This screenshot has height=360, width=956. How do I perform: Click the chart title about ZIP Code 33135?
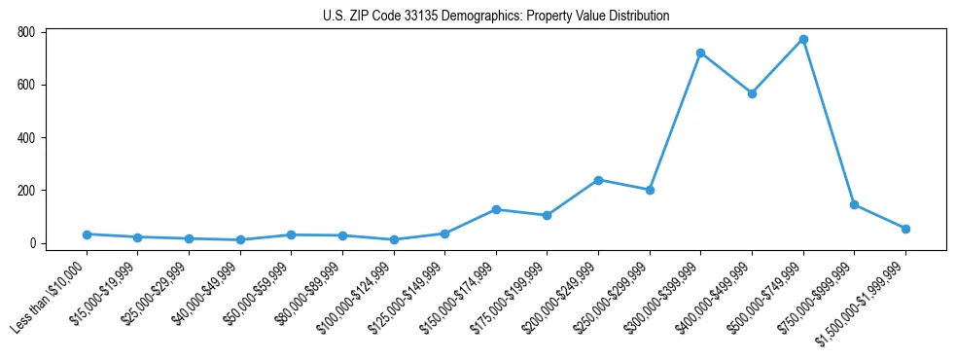496,16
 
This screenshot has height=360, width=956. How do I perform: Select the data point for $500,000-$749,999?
803,40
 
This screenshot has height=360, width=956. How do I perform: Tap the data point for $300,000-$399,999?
700,53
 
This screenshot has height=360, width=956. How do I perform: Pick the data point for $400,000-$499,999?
752,93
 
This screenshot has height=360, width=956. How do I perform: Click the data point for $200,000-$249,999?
598,180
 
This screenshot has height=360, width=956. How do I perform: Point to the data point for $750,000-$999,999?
854,204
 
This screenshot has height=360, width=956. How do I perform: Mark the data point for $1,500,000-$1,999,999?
905,229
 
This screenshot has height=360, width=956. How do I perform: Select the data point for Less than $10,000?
87,234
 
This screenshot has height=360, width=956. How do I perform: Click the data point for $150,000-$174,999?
496,209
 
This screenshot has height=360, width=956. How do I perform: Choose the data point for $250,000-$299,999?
650,190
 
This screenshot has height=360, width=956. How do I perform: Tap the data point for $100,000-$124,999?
394,239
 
